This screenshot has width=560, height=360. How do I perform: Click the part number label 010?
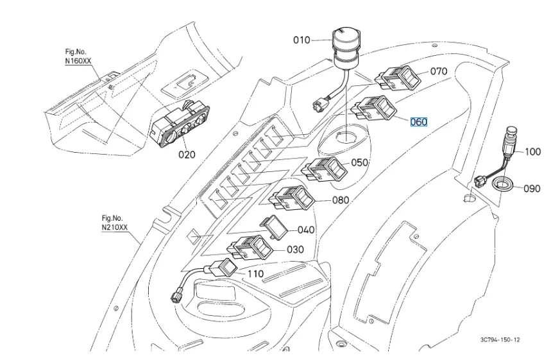coord(301,40)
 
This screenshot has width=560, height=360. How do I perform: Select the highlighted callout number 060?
coord(418,121)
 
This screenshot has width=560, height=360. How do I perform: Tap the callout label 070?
coord(439,72)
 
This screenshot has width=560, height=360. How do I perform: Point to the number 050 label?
coord(359,162)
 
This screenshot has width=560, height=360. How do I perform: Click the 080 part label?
coord(341,200)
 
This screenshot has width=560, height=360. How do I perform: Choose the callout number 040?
coord(306,230)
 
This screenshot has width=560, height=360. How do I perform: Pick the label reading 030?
coord(296,250)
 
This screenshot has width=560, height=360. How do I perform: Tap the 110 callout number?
coord(255,273)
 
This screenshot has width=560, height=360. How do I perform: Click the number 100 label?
coord(533,152)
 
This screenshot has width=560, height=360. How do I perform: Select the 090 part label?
coord(532,189)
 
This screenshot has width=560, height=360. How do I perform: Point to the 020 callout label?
coord(187,154)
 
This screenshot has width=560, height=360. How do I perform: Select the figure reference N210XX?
coord(115,227)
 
